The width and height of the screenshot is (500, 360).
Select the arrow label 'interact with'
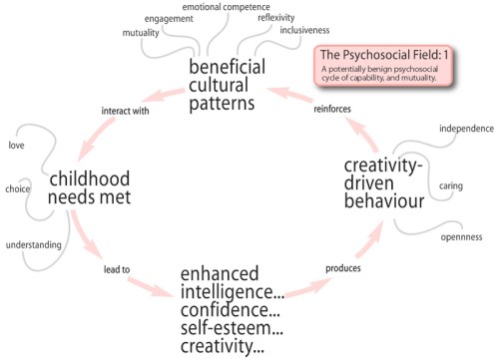(x=126, y=110)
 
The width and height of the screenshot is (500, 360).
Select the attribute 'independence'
(x=464, y=129)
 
